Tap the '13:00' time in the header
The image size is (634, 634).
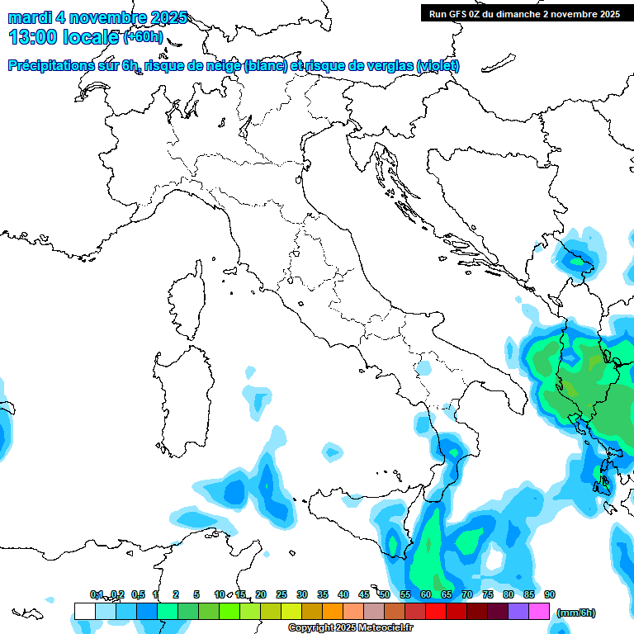34,36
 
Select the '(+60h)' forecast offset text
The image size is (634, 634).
142,36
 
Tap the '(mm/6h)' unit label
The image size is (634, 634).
575,613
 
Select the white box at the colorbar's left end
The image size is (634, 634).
84,611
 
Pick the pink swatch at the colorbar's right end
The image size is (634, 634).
539,611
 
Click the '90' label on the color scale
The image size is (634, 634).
550,594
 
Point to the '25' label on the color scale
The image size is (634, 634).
282,594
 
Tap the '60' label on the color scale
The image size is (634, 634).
426,594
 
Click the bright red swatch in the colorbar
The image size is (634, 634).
436,611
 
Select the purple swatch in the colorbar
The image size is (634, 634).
518,611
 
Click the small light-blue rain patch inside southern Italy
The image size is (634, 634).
423,367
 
